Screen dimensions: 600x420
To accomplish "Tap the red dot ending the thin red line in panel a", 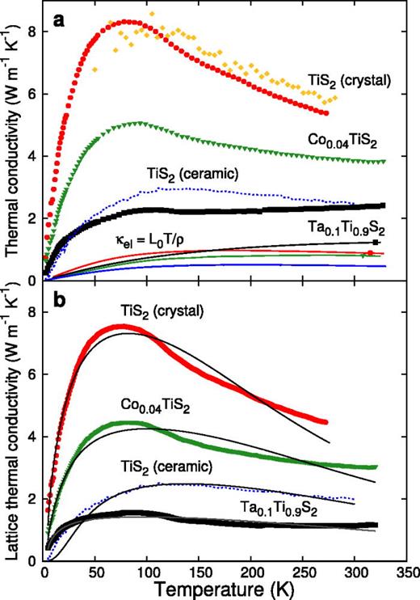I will click(x=369, y=253).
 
